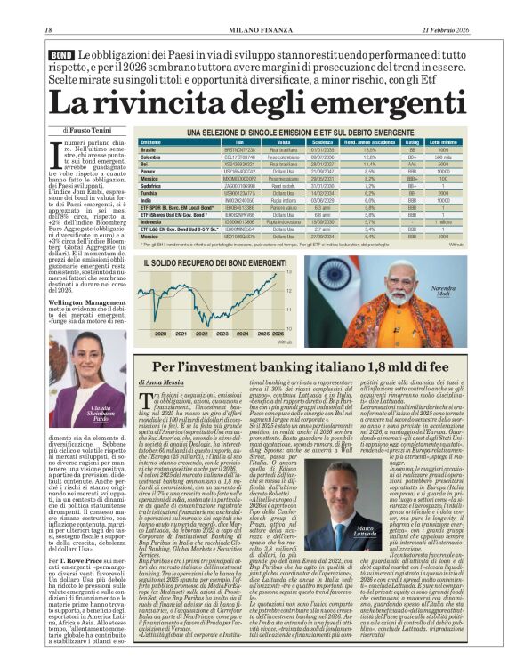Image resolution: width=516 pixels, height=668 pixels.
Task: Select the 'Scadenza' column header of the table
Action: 322,142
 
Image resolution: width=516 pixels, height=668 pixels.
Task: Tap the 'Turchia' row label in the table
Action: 150,192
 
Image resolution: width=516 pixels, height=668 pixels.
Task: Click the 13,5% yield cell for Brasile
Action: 370,150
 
